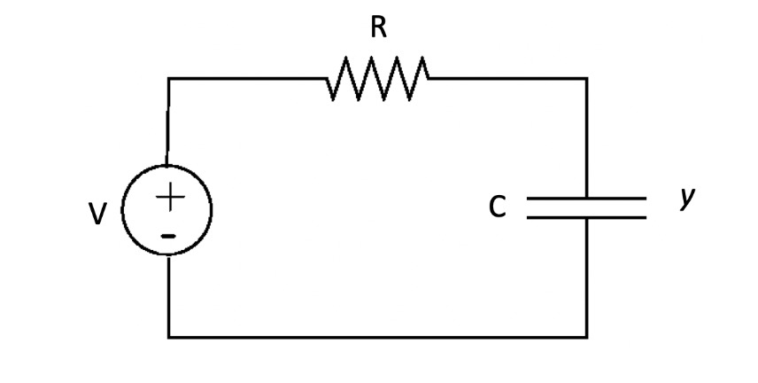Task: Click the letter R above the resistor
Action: [378, 28]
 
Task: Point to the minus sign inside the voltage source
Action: [168, 235]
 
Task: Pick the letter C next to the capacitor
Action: [498, 207]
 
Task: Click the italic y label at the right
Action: [685, 200]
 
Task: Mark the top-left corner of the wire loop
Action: [169, 79]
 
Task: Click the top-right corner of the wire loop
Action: [586, 79]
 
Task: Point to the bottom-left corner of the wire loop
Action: [169, 336]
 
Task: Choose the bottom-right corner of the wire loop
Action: [586, 336]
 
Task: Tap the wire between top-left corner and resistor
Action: [248, 79]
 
